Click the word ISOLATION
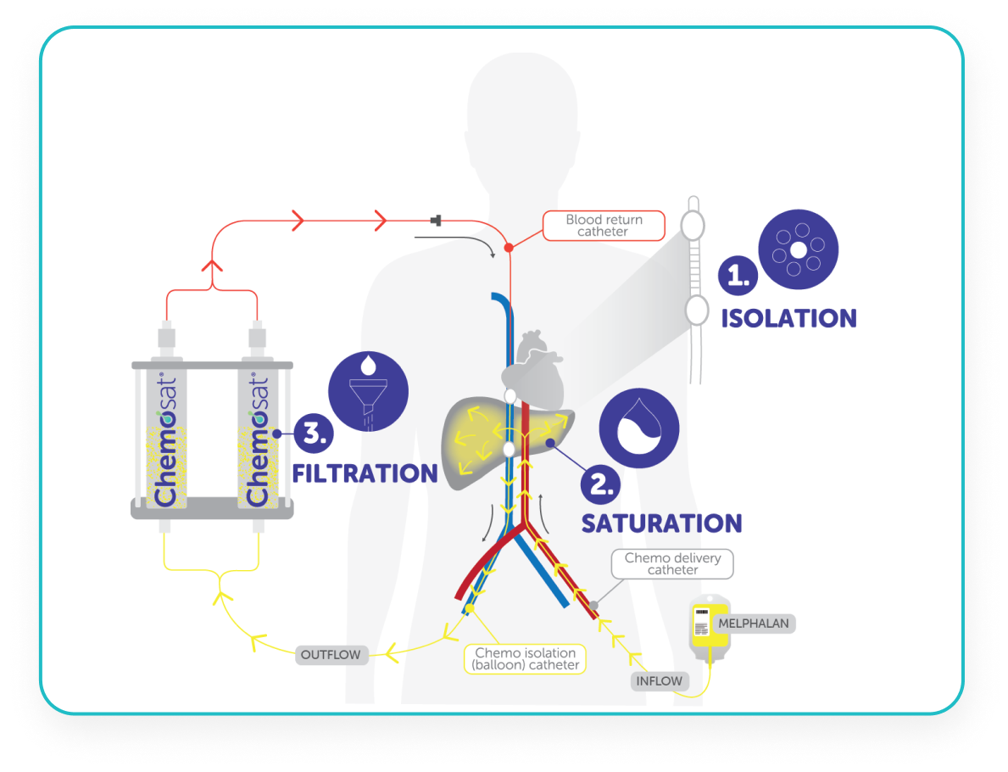788,318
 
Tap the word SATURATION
661,523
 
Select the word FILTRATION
365,473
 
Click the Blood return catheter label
604,225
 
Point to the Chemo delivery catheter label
672,563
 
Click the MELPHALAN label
753,624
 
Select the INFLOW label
660,680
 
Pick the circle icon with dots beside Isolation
799,249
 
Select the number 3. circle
313,434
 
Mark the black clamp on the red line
437,221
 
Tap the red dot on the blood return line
509,248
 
